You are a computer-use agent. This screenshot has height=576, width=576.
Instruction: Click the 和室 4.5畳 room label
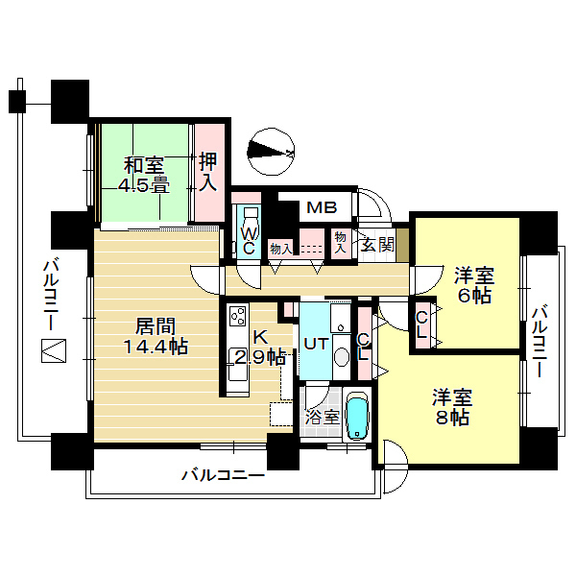click(143, 176)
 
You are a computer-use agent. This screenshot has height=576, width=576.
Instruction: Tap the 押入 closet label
click(208, 172)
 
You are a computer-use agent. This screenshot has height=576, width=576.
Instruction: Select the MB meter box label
click(322, 207)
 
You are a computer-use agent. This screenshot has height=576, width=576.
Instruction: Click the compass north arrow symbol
click(271, 152)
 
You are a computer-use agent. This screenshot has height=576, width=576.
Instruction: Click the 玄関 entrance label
click(377, 244)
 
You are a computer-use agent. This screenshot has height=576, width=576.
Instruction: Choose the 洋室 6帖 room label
click(474, 285)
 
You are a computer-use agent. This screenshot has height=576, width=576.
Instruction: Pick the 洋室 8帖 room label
click(452, 407)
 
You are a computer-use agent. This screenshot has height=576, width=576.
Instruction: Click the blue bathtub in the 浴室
click(357, 417)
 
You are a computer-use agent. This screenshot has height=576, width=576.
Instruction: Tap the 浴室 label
click(323, 417)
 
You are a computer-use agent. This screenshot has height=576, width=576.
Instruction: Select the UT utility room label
click(316, 345)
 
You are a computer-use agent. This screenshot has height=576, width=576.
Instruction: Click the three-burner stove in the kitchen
click(237, 316)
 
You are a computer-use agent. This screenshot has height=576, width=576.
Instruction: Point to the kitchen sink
click(237, 365)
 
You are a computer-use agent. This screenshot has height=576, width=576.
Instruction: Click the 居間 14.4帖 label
click(156, 336)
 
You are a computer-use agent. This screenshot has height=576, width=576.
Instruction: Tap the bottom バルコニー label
click(223, 475)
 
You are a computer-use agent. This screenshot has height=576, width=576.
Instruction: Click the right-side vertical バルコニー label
click(540, 341)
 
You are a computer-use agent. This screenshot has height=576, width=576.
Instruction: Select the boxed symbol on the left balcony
click(54, 350)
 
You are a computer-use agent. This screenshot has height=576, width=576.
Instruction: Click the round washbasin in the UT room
click(342, 356)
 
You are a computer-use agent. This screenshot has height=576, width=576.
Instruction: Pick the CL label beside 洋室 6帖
click(421, 324)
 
